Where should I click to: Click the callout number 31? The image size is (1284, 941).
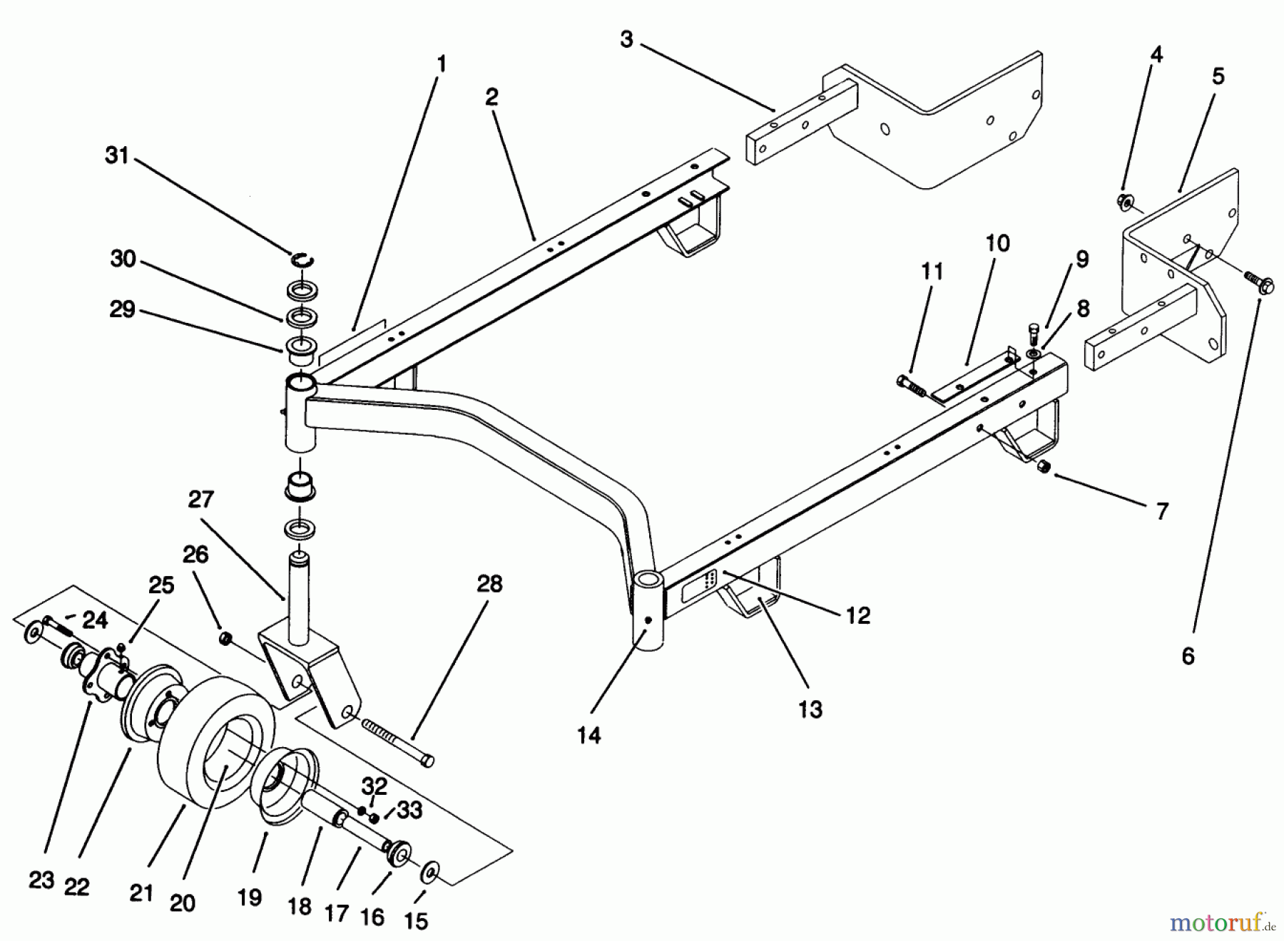(x=116, y=155)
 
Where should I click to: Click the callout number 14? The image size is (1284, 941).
(x=589, y=735)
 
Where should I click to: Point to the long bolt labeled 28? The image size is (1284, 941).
(x=397, y=742)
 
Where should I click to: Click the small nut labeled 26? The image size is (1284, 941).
(x=225, y=637)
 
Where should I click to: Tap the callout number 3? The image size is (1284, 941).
(x=626, y=39)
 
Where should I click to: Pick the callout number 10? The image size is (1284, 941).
(x=997, y=244)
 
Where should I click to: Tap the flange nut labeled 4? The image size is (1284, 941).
(x=1125, y=202)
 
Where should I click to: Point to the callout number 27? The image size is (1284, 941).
(x=200, y=499)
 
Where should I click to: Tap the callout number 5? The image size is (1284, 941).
(x=1218, y=76)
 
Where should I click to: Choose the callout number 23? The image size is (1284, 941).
(x=41, y=880)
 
